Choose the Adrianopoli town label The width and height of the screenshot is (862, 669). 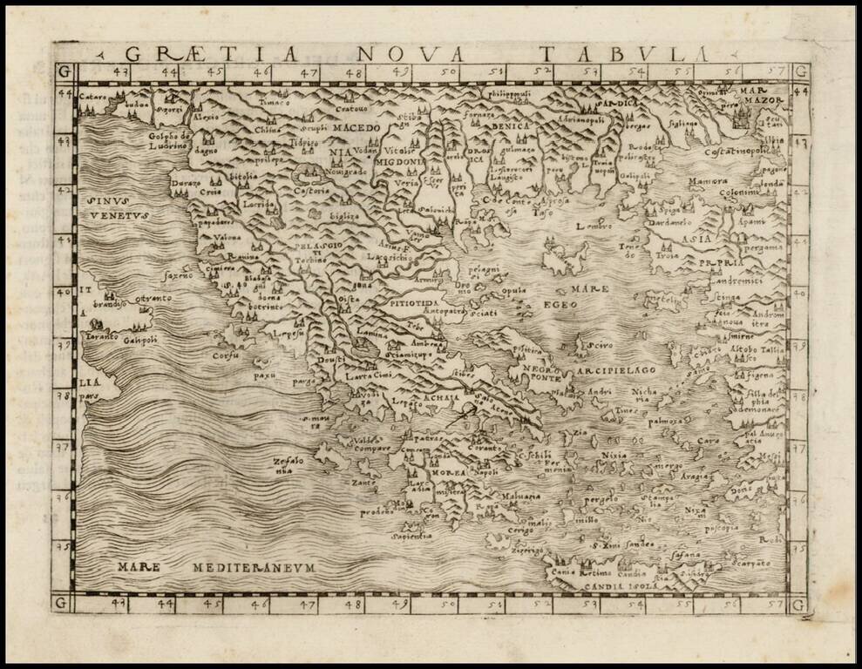tap(571, 120)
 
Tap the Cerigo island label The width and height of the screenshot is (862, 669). tap(520, 530)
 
